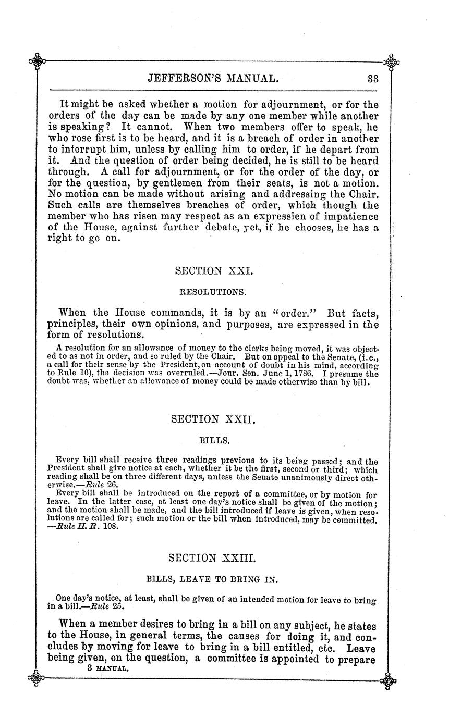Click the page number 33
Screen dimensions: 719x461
[372, 79]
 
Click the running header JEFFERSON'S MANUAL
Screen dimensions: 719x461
[214, 79]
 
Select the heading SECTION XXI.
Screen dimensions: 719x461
[214, 271]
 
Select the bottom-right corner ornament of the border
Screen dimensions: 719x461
[390, 679]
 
